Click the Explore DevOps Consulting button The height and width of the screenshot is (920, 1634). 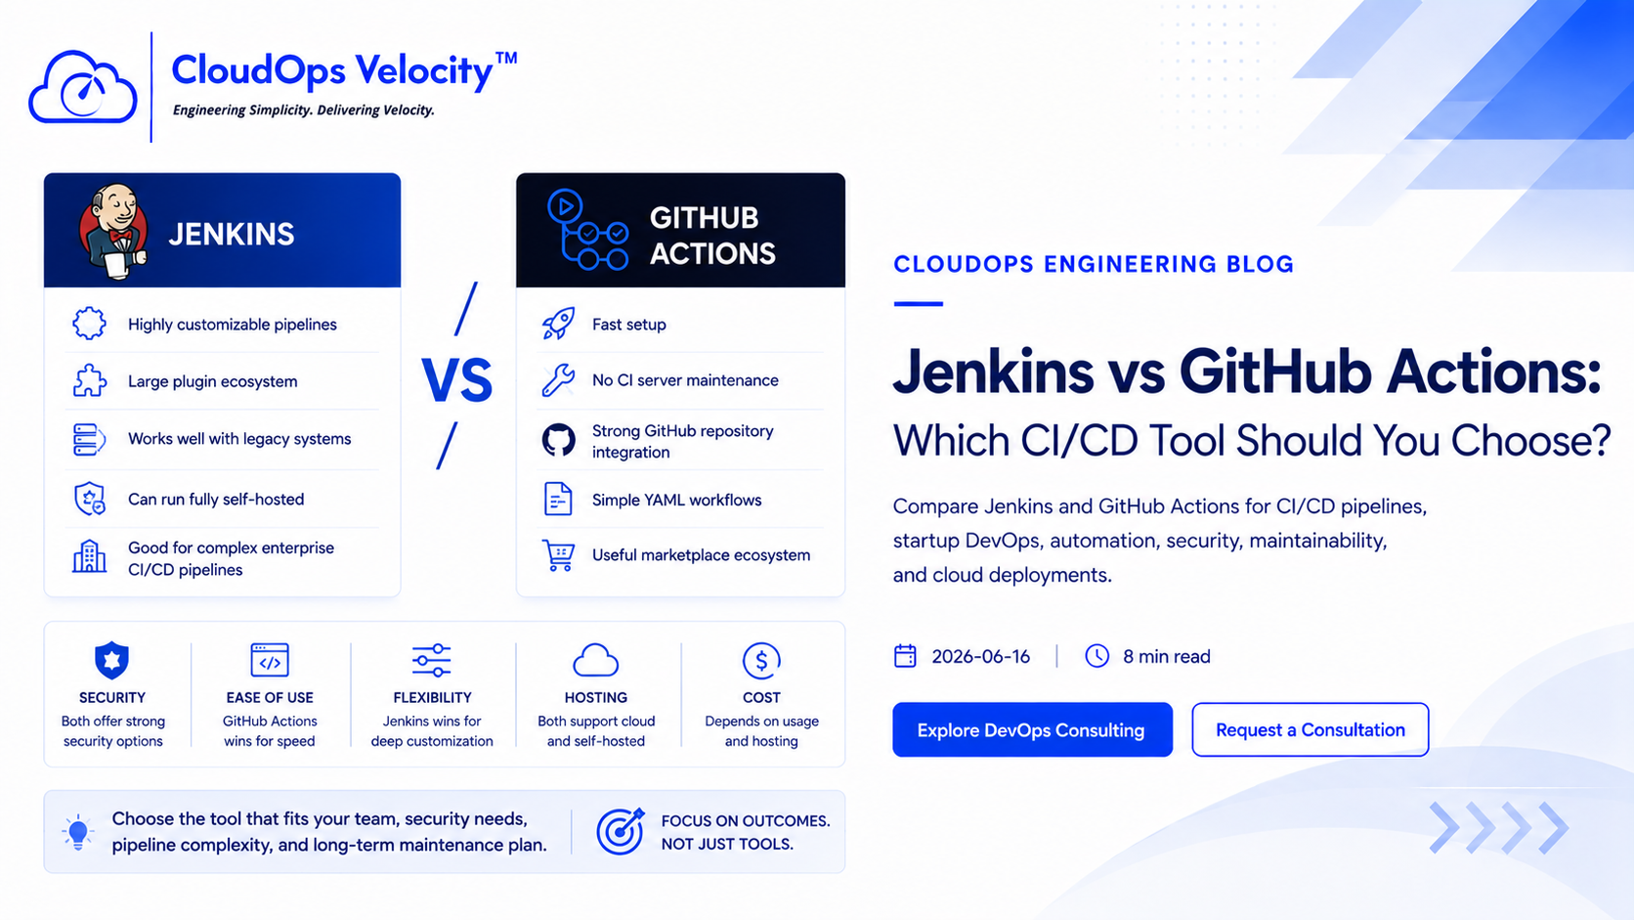(1032, 729)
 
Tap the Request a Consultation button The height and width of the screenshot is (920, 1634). (1311, 729)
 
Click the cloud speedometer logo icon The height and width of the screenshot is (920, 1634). (82, 87)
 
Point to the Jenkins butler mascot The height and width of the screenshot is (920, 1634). (113, 232)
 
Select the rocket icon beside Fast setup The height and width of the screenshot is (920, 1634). (559, 324)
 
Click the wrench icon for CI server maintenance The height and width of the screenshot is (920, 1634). (558, 380)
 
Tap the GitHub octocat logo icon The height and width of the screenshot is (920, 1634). (559, 441)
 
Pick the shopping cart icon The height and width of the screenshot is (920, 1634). (558, 555)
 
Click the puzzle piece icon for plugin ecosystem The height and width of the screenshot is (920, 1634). (90, 380)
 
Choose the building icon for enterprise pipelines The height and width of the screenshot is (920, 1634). (89, 556)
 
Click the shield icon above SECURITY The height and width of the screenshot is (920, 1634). (111, 660)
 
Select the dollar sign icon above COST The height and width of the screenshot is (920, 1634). (761, 660)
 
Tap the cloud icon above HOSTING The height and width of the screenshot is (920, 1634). (596, 660)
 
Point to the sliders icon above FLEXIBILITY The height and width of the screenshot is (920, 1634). (432, 660)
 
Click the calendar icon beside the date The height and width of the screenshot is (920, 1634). (905, 656)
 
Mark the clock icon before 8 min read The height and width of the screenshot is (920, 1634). (1097, 656)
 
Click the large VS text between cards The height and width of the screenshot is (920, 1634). (456, 380)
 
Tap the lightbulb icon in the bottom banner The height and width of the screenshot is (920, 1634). (78, 832)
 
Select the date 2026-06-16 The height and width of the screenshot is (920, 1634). (981, 657)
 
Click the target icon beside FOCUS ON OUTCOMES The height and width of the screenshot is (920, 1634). (620, 831)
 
